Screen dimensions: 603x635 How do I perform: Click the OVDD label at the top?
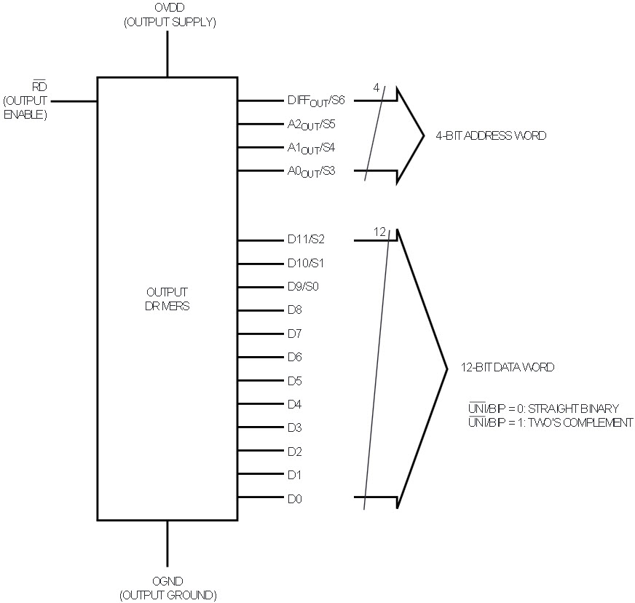pyautogui.click(x=168, y=9)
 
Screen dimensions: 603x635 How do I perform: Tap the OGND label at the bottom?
pyautogui.click(x=168, y=583)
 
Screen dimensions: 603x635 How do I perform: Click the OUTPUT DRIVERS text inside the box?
pyautogui.click(x=167, y=299)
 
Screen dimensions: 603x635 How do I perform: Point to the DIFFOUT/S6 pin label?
pyautogui.click(x=315, y=101)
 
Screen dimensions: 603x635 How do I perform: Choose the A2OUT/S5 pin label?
pyautogui.click(x=311, y=125)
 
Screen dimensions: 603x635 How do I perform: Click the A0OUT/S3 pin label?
pyautogui.click(x=311, y=172)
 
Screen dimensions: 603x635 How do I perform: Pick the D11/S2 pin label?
pyautogui.click(x=305, y=239)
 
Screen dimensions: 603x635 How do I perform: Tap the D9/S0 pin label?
pyautogui.click(x=302, y=286)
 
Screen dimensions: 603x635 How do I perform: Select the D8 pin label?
pyautogui.click(x=294, y=310)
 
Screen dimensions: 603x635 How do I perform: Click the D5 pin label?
pyautogui.click(x=294, y=381)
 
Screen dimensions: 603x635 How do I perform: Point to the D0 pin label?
pyautogui.click(x=294, y=499)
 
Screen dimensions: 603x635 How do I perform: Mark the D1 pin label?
pyautogui.click(x=294, y=476)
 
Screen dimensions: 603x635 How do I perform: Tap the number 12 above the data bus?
pyautogui.click(x=379, y=232)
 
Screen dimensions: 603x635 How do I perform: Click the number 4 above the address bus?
pyautogui.click(x=376, y=87)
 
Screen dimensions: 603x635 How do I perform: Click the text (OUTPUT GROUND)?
pyautogui.click(x=168, y=595)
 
